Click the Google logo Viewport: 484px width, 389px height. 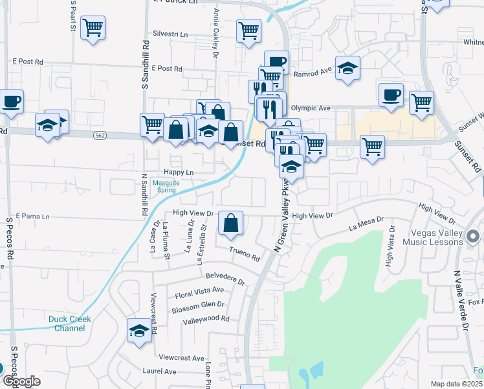pos(21,382)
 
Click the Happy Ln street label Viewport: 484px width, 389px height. pos(179,172)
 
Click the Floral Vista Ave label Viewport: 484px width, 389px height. pos(199,292)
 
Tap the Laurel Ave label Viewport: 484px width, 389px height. pos(159,371)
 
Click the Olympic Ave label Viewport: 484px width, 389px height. pos(311,108)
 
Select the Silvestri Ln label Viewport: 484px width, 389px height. pos(170,34)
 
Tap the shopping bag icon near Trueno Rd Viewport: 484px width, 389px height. pos(230,224)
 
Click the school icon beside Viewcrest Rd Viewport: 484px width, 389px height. pos(139,331)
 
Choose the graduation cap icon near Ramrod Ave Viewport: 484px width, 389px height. pos(348,68)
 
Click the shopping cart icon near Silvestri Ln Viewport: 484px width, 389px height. pos(248,30)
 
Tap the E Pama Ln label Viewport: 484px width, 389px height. pos(32,215)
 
